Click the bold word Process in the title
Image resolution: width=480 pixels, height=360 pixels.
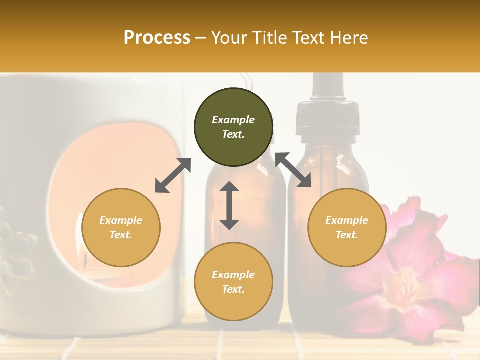[157, 38]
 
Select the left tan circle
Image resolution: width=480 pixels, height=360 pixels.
[121, 227]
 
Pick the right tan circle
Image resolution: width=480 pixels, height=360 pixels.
[347, 227]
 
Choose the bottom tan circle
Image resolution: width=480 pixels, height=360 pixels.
[233, 282]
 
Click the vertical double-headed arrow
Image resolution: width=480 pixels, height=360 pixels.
[229, 205]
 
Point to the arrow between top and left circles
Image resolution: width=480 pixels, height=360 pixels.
[173, 175]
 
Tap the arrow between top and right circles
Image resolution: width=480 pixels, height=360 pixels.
[293, 170]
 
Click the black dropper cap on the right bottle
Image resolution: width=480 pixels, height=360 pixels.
[328, 118]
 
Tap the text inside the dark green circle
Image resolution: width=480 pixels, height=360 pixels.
[233, 127]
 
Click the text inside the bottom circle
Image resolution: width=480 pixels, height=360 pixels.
[233, 282]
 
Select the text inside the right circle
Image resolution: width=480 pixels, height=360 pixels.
[347, 227]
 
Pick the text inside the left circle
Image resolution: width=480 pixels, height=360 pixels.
[121, 227]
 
